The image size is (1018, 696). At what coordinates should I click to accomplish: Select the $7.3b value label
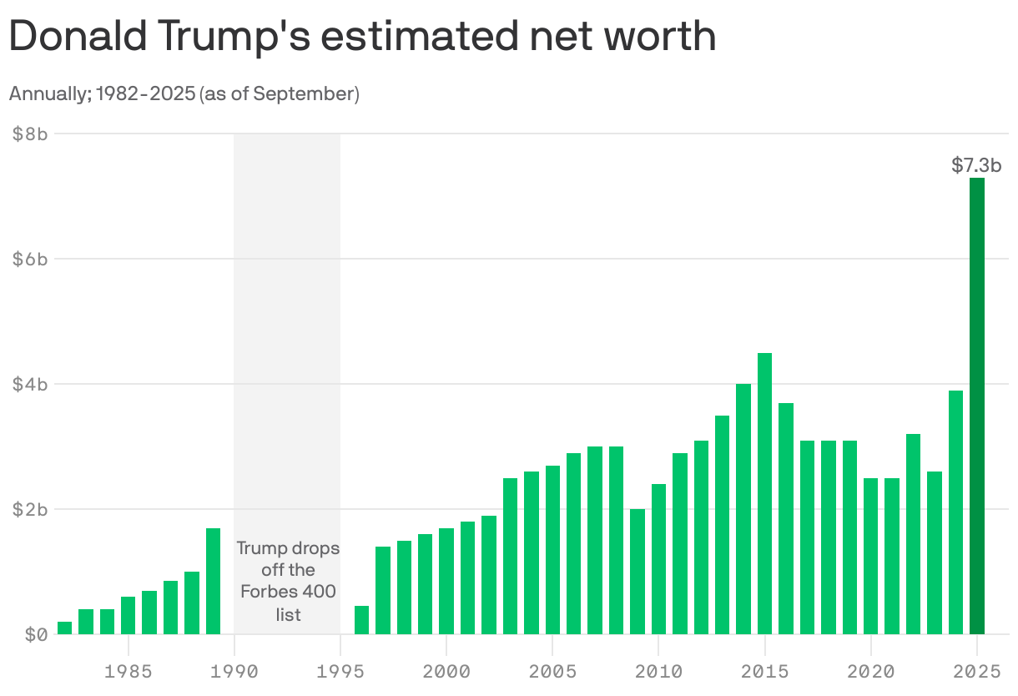[976, 166]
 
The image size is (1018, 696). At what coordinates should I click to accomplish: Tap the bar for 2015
[764, 493]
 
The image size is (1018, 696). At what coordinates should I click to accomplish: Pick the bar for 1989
[214, 581]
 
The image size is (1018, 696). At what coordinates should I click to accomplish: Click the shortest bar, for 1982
[64, 628]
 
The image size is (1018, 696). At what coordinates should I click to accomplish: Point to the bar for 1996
[361, 620]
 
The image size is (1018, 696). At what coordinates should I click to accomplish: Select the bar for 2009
[638, 572]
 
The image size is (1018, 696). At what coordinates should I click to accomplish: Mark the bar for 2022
[913, 534]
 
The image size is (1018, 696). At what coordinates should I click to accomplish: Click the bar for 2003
[510, 556]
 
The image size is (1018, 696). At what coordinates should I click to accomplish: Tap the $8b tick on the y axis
[30, 134]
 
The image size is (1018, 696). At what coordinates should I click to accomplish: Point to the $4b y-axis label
[30, 384]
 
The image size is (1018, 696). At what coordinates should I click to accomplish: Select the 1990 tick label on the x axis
[234, 670]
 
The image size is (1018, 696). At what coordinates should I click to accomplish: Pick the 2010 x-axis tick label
[658, 670]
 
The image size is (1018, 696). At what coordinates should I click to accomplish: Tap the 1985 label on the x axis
[129, 670]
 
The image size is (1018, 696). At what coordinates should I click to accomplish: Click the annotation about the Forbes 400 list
[288, 581]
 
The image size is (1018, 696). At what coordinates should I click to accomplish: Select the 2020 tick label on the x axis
[870, 670]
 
